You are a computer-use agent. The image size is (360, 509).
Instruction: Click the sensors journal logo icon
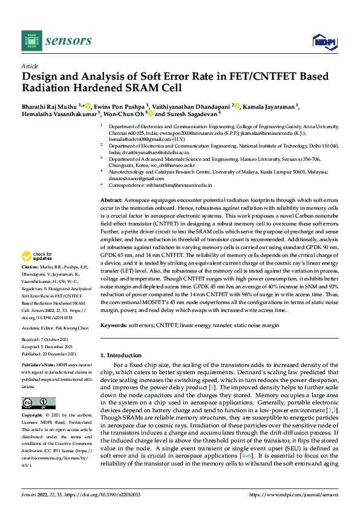tap(31, 40)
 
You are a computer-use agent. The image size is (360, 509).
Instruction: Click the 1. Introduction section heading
tap(123, 355)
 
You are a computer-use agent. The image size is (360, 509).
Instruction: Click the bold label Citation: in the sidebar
tap(29, 284)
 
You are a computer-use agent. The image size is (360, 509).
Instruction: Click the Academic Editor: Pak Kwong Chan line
tap(54, 326)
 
